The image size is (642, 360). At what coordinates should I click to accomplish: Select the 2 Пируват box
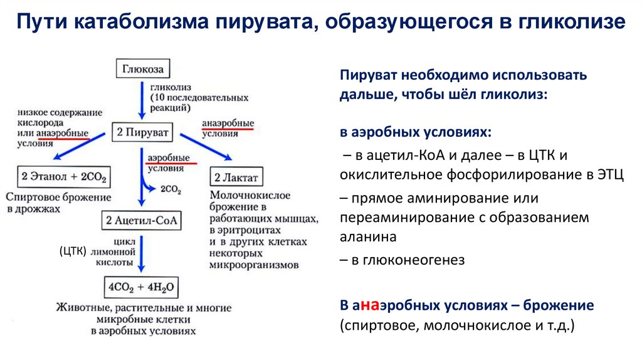142,132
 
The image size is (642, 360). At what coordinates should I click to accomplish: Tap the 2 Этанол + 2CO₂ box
63,177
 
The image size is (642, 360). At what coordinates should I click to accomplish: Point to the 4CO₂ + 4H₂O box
141,288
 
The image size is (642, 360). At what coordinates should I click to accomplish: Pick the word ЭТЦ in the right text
608,174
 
